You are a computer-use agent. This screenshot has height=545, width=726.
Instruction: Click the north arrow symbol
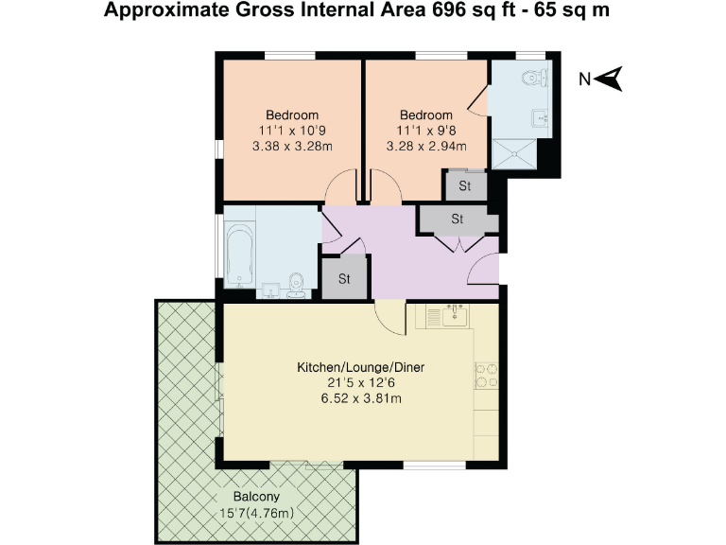point(612,79)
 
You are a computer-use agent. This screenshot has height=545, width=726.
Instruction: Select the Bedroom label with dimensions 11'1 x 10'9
point(291,114)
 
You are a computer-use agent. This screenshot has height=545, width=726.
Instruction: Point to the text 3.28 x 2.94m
point(426,147)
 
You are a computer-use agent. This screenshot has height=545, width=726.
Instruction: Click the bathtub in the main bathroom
point(239,254)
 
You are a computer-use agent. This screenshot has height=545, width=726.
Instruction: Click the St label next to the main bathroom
point(344,279)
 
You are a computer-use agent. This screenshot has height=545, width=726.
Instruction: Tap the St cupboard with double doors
point(458,219)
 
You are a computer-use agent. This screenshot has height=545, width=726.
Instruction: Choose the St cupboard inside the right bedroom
point(464,186)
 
